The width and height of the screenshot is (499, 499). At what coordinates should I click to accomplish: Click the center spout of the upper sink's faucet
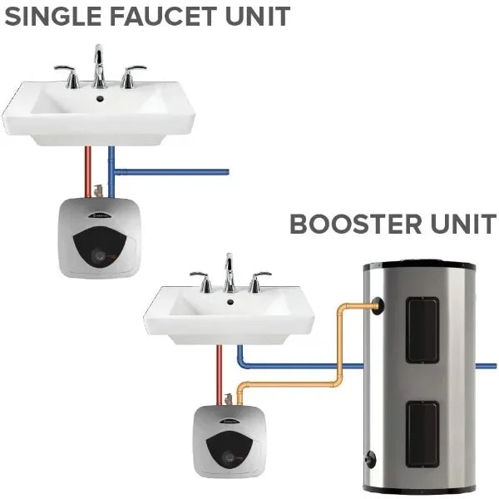[100, 62]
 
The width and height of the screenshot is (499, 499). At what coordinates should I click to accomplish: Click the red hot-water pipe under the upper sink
[87, 170]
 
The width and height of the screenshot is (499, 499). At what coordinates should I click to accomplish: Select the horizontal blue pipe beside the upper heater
[175, 172]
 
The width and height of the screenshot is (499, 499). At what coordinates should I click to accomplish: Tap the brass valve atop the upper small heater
[100, 191]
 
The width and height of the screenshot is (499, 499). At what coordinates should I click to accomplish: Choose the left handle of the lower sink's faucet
[200, 280]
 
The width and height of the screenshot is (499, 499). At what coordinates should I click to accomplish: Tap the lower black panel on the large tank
[422, 432]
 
